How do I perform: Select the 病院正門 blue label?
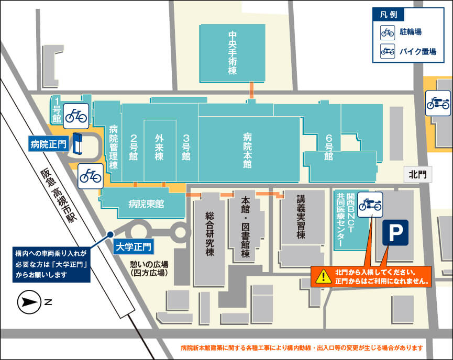click(x=48, y=143)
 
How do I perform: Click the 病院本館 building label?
click(x=247, y=150)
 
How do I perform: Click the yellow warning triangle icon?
click(x=324, y=275)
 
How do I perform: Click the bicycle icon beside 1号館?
click(x=75, y=116)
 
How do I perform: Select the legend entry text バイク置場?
click(x=418, y=51)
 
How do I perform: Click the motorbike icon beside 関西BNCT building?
click(x=370, y=202)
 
